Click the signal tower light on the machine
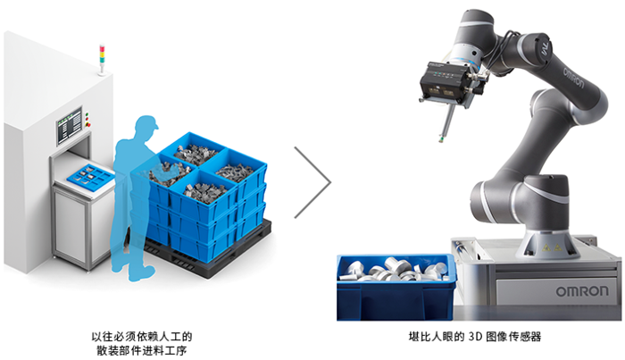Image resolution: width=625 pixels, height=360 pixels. (102, 59)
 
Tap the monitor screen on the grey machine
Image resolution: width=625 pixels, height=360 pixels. (69, 126)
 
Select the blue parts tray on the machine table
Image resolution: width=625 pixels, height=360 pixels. (90, 176)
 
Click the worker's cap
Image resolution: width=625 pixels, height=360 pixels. (148, 122)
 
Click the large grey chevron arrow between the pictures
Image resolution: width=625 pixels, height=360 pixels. (312, 182)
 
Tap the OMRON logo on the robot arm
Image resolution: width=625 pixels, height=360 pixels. (573, 78)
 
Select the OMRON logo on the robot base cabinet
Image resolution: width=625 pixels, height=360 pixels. (582, 291)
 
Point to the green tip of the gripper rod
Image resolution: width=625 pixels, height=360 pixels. (441, 139)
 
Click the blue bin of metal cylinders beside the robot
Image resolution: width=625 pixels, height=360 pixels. (396, 287)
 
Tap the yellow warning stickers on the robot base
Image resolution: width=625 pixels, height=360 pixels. (552, 247)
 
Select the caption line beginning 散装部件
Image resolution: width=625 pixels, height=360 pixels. (141, 351)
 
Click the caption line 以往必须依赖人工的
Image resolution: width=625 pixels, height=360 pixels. (141, 337)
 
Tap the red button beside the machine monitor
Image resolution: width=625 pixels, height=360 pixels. (88, 125)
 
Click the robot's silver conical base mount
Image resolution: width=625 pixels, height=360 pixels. (546, 243)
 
